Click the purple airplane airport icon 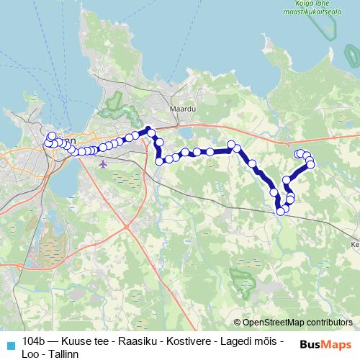coord(104,163)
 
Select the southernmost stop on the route coord(280,211)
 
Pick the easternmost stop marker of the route coord(311,165)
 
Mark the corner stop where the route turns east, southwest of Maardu coord(159,161)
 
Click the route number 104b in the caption coord(33,341)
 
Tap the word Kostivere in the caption coord(185,341)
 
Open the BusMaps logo coord(325,345)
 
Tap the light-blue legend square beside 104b coord(10,344)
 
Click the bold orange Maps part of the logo coord(337,345)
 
